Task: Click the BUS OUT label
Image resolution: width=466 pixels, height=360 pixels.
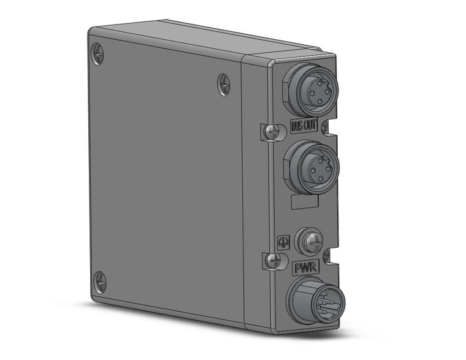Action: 304,128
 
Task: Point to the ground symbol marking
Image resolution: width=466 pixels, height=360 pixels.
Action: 283,242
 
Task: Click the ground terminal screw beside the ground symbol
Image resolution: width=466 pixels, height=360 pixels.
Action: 308,240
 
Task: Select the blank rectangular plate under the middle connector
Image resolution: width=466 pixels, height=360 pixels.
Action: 301,203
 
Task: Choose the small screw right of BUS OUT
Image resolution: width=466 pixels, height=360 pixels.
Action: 325,127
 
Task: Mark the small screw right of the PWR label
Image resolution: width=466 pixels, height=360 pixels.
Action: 326,253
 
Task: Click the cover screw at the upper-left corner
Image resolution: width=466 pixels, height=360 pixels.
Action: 97,53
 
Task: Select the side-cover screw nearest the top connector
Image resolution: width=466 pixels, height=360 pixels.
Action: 224,84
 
